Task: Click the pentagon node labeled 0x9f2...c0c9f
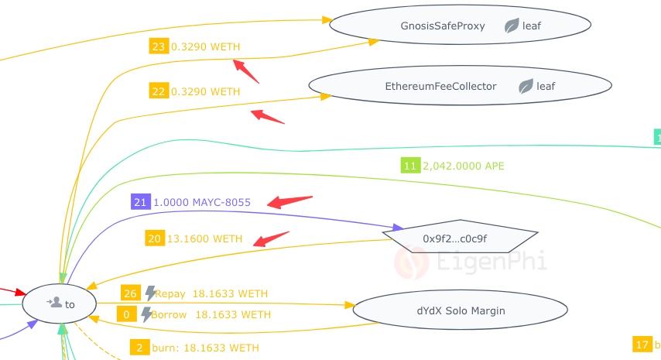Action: [x=460, y=238]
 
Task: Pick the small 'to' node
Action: [x=60, y=303]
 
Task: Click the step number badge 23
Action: [x=159, y=46]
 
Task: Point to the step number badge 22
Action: [x=159, y=91]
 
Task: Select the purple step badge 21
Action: [x=140, y=202]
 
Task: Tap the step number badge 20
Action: [x=154, y=238]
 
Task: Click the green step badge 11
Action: [x=410, y=165]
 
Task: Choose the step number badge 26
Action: [x=129, y=293]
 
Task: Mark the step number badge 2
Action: [x=139, y=348]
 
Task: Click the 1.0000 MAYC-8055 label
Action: [x=202, y=202]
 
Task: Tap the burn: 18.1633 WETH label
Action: [x=205, y=348]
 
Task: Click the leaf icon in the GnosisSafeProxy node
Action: [x=512, y=26]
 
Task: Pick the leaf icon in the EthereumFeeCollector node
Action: [x=526, y=86]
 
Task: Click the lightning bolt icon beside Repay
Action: [x=150, y=293]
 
